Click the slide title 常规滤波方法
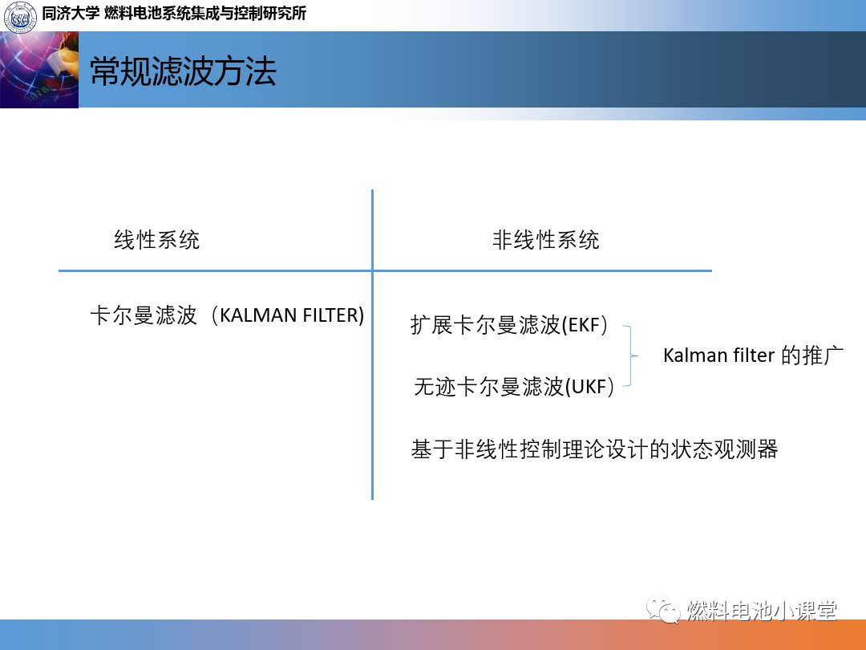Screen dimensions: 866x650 183,71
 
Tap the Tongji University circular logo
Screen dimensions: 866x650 20,16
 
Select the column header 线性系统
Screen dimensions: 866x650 157,240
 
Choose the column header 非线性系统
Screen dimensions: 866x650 546,240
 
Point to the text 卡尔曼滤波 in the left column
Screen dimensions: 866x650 144,315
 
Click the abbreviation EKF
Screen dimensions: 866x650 584,325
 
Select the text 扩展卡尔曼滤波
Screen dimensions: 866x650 485,325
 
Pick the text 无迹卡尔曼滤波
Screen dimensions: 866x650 489,386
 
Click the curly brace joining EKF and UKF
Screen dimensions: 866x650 631,355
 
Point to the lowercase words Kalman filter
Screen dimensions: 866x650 718,355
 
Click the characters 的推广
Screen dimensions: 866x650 811,355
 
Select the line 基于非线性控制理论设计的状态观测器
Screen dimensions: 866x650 594,449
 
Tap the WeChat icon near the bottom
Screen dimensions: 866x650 663,609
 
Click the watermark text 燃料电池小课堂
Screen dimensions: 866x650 762,610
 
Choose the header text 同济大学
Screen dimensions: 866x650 70,14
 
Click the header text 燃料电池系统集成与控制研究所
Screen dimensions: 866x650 205,14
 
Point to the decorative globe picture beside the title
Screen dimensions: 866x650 39,70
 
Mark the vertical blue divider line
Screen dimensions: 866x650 373,344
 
